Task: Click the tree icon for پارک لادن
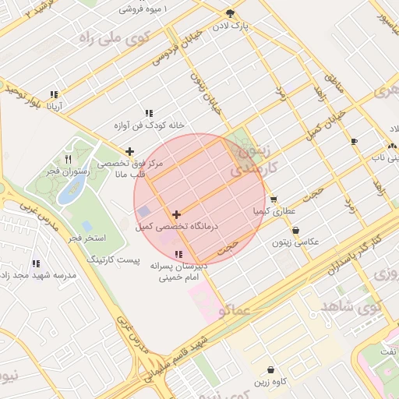[x=229, y=13]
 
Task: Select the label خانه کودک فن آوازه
[x=149, y=125]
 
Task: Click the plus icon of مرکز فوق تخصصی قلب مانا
[x=129, y=151]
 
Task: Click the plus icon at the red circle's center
[x=177, y=214]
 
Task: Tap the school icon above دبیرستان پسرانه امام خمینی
[x=179, y=254]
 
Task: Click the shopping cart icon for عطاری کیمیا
[x=274, y=199]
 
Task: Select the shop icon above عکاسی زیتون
[x=296, y=231]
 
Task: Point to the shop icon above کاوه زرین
[x=270, y=369]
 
